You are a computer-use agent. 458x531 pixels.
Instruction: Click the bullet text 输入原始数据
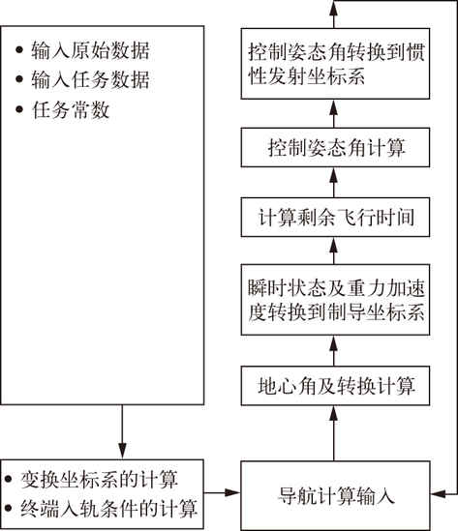click(90, 51)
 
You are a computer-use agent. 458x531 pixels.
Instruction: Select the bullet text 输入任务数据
click(90, 80)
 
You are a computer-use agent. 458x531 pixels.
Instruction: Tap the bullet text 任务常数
click(71, 109)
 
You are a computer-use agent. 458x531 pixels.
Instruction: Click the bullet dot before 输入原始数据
click(19, 49)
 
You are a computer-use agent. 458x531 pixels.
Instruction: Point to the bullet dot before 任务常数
click(19, 109)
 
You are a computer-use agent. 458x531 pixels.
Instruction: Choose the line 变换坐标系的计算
click(99, 480)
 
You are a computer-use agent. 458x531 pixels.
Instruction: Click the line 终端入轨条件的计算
click(108, 509)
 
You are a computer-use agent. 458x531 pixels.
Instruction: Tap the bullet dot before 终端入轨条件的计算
click(8, 508)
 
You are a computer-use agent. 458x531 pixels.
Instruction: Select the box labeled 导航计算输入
click(335, 495)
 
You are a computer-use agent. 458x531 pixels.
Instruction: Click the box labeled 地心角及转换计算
click(335, 386)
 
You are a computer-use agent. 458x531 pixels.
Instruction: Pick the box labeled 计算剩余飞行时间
click(335, 217)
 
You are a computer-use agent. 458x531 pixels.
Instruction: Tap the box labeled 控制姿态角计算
click(335, 147)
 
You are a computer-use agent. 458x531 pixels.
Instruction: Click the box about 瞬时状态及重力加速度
click(335, 300)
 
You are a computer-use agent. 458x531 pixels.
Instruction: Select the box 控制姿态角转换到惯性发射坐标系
click(335, 64)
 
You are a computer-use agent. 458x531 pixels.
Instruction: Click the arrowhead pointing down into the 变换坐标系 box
click(122, 451)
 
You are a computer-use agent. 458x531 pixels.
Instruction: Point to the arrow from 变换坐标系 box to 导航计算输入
click(223, 492)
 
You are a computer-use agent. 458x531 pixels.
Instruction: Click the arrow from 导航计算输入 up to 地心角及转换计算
click(334, 433)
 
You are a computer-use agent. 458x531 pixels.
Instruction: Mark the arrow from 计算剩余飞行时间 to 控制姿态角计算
click(334, 182)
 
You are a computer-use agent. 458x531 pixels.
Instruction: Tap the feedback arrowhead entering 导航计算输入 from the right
click(439, 494)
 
